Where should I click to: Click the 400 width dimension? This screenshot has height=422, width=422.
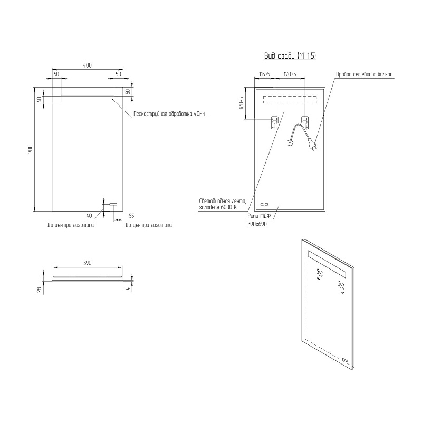click(87, 65)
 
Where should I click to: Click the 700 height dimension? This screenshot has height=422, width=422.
click(30, 149)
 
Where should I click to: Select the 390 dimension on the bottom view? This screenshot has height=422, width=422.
click(88, 263)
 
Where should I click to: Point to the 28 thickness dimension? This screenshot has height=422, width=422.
click(40, 290)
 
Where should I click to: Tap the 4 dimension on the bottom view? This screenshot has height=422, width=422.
click(128, 289)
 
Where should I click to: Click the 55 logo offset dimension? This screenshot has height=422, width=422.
click(131, 216)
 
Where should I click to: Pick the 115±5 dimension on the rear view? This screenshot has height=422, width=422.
click(264, 74)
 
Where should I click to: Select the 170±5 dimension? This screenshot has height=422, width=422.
click(290, 74)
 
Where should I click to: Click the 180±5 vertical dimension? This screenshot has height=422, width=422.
click(241, 103)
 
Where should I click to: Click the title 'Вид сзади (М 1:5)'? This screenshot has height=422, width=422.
click(290, 56)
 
